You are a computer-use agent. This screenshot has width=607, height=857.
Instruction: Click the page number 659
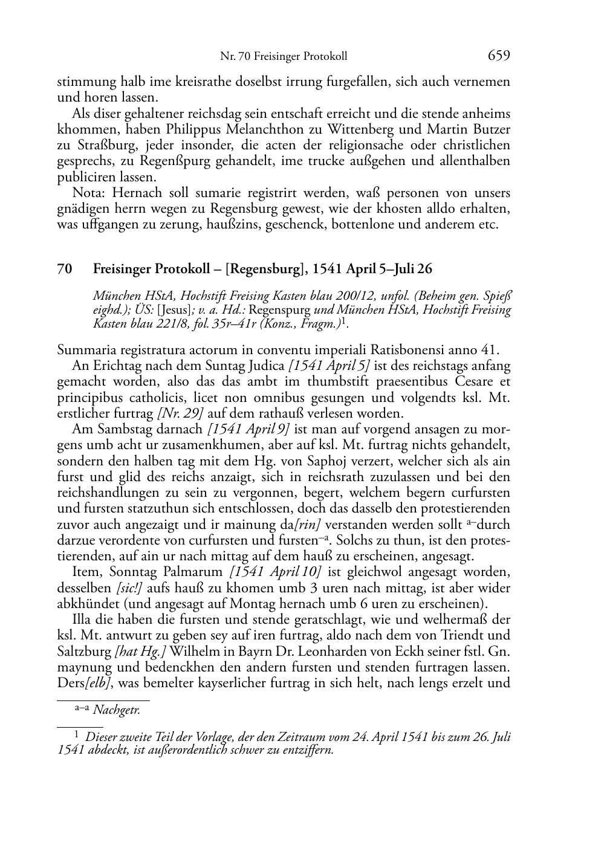point(499,56)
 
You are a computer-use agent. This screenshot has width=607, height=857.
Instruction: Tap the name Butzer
point(490,129)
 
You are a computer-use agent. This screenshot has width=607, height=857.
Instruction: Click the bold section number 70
point(65,270)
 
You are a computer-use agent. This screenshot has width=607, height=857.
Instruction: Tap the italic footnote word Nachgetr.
point(116,711)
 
